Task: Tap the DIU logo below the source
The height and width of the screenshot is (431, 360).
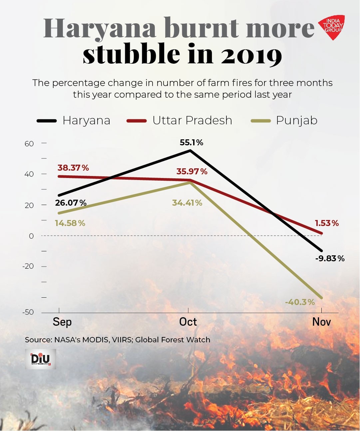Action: [40, 359]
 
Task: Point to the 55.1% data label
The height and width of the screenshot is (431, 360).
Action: [191, 143]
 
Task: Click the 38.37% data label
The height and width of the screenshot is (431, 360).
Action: [73, 168]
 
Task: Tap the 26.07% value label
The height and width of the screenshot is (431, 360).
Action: [71, 203]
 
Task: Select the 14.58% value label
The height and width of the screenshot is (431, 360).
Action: [70, 223]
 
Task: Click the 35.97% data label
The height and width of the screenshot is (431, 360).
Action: [192, 172]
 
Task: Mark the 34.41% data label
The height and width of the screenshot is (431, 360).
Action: [187, 203]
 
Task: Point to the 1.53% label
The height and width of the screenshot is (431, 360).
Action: [327, 223]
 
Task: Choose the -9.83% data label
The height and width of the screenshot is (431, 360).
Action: [330, 258]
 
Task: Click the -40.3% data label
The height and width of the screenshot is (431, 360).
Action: [300, 302]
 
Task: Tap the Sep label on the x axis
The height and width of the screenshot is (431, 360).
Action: [62, 322]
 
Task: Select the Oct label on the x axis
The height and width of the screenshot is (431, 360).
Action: [188, 322]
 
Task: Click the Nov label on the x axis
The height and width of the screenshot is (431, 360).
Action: [321, 322]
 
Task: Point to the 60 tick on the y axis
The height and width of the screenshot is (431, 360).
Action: [29, 144]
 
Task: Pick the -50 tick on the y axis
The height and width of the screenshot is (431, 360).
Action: [28, 312]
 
